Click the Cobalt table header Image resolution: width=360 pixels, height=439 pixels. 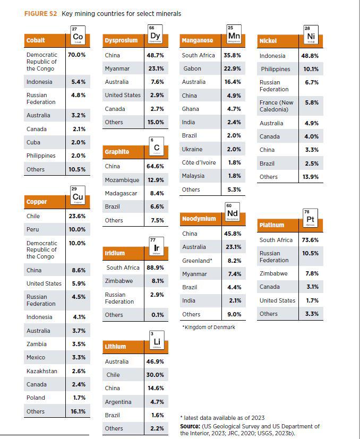coord(36,40)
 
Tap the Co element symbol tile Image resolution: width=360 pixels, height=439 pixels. coord(77,36)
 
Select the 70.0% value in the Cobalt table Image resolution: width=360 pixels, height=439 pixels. coord(76,55)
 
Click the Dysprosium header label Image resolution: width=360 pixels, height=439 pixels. coord(121,40)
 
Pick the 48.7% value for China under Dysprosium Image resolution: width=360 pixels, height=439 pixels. coord(155,55)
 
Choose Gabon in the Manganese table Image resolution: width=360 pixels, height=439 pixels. coord(192,69)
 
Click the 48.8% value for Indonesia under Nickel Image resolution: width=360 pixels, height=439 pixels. coord(310,56)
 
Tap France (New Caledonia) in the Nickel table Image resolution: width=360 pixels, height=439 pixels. coord(276,106)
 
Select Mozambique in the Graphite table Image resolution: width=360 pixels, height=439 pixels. coord(122,180)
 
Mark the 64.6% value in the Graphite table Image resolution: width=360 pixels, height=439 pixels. coord(155,166)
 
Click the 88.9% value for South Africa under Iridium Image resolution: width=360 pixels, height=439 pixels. coord(155,268)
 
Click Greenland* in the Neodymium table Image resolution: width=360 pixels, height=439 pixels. coord(197,261)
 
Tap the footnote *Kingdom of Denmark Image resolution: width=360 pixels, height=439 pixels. coord(208,328)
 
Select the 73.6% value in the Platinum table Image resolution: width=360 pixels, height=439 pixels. coord(310,240)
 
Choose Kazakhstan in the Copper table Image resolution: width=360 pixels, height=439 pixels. coord(42,371)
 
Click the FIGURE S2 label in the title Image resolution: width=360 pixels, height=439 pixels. coord(41,14)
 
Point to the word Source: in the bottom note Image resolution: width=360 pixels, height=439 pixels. coord(190,426)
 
